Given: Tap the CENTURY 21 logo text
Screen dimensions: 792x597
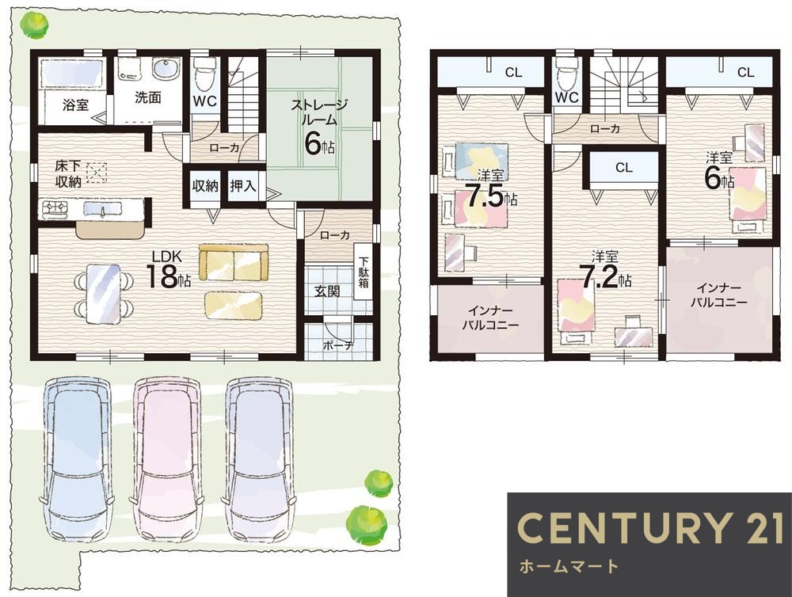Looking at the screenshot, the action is [649, 527].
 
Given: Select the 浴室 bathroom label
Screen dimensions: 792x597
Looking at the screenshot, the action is [76, 105].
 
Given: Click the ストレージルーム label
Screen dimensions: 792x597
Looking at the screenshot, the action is [319, 112].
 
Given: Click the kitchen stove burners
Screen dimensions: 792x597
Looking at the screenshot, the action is [55, 208].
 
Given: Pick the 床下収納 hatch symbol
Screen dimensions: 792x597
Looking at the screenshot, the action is [97, 173].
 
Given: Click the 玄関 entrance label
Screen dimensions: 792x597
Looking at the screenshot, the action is [327, 291].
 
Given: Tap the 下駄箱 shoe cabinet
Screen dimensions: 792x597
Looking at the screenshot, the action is [364, 272].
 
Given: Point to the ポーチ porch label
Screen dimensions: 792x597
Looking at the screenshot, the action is [338, 345].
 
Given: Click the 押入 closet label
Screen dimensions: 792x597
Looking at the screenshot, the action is [242, 186].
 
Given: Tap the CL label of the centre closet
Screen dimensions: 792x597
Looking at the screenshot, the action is [624, 167].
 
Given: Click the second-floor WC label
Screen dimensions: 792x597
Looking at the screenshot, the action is [566, 97].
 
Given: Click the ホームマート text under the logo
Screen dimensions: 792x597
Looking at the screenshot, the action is [569, 565].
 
